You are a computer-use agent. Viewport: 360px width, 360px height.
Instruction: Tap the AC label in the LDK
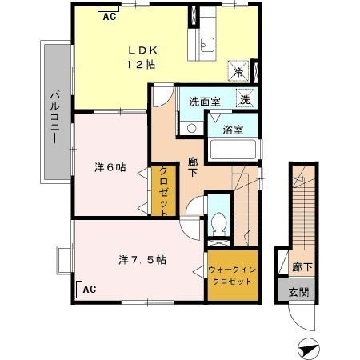point(109,15)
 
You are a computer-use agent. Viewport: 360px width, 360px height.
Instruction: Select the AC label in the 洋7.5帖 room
point(89,288)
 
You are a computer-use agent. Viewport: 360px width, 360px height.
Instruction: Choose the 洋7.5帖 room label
point(142,259)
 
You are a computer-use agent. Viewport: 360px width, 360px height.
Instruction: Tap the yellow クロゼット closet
point(163,190)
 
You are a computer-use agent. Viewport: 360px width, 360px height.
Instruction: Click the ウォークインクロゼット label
point(232,275)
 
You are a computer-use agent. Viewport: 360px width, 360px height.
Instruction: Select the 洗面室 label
point(204,102)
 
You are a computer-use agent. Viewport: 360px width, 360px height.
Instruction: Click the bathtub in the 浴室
point(233,150)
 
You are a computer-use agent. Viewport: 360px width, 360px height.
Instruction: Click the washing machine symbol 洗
point(246,99)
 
